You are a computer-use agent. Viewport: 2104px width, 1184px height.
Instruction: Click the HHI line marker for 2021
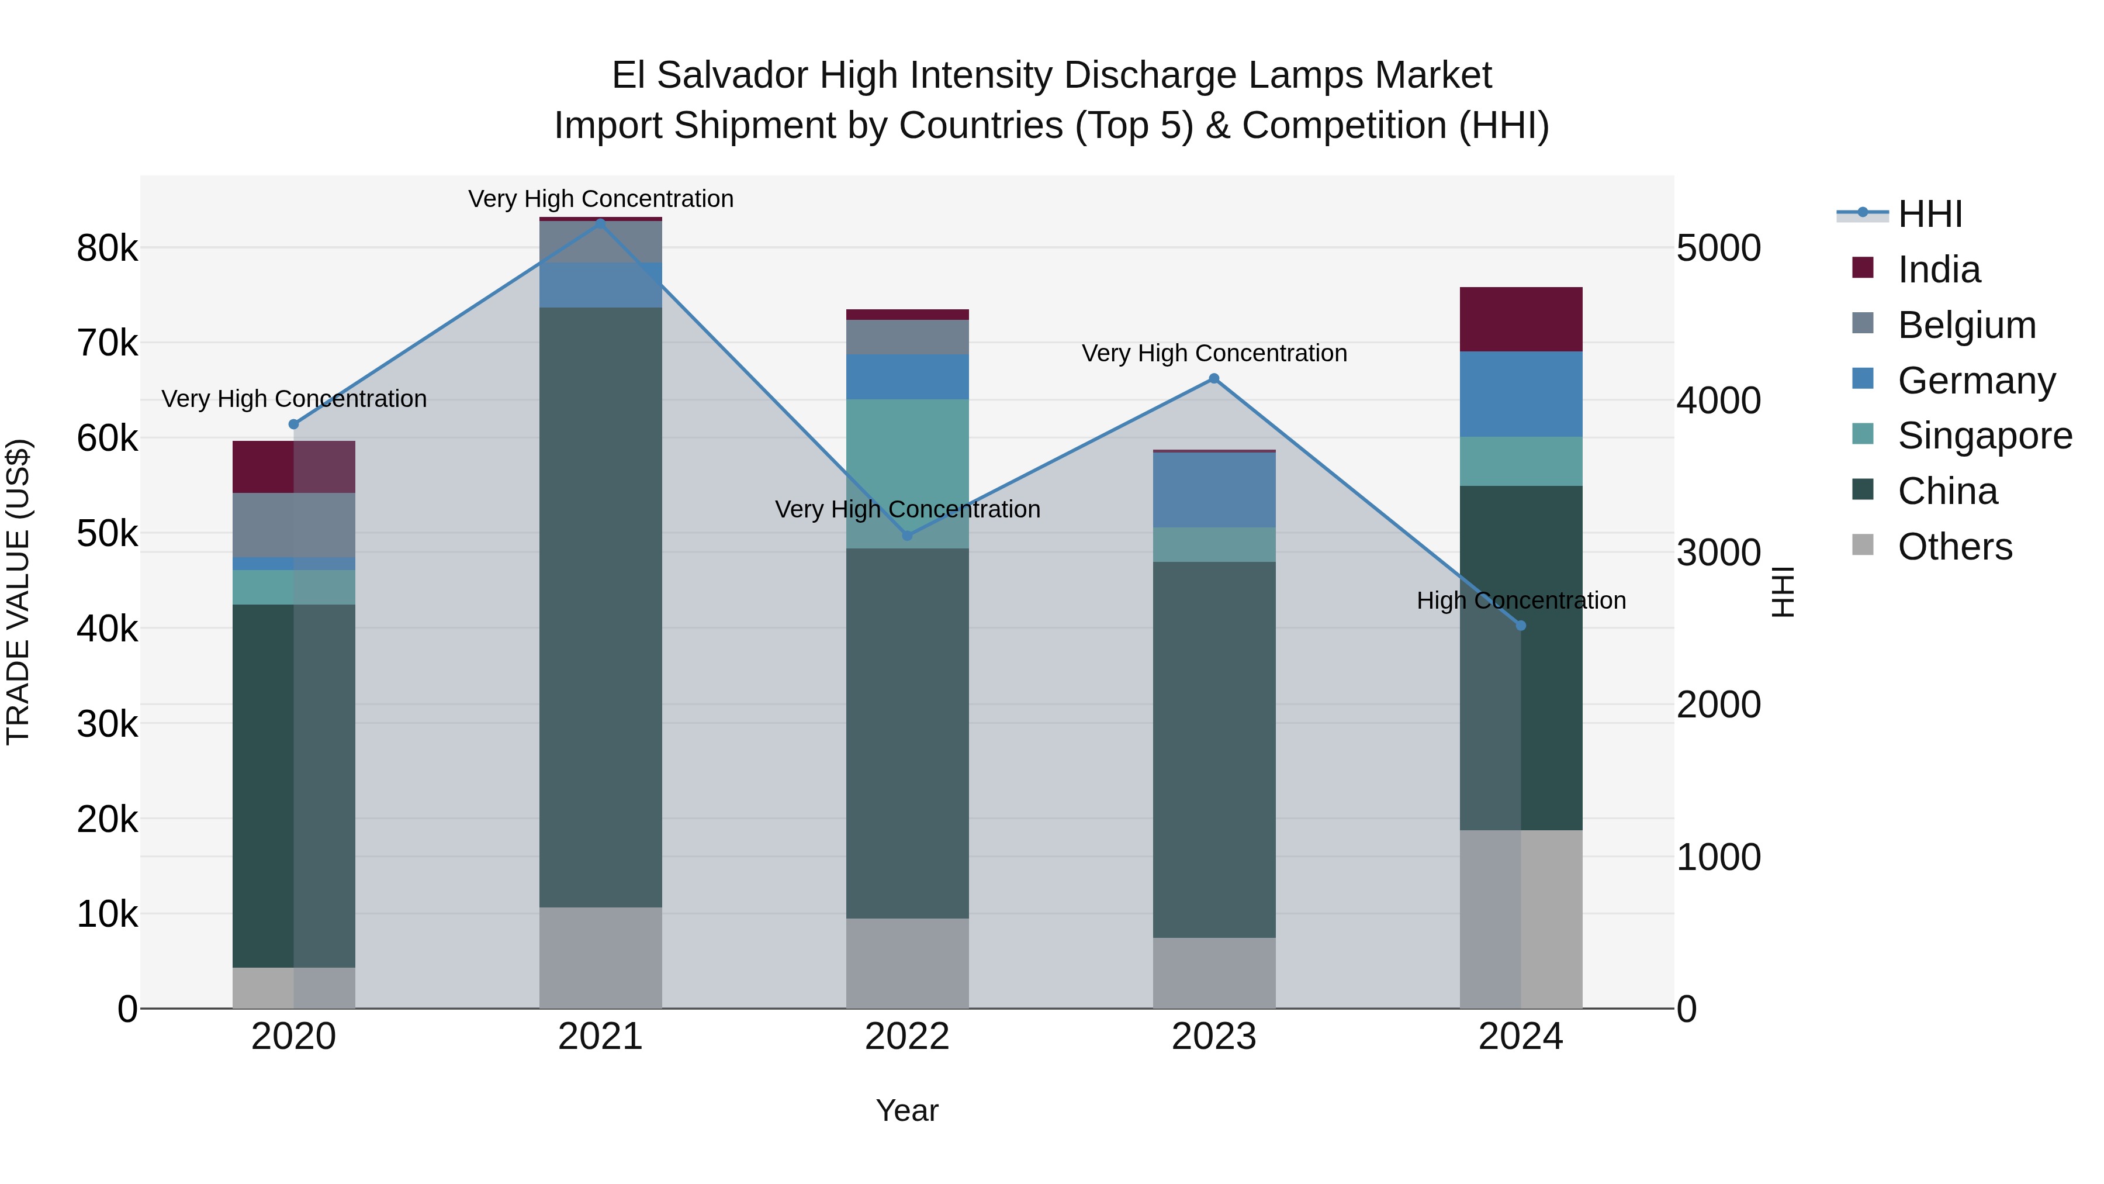(600, 222)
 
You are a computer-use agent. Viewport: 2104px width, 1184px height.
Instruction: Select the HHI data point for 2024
(1520, 626)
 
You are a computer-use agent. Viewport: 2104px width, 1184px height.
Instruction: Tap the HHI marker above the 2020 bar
(294, 424)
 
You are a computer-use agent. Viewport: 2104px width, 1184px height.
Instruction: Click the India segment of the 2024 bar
(1520, 319)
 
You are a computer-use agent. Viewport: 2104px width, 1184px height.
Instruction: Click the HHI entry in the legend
(1929, 214)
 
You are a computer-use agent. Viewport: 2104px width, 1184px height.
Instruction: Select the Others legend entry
(1954, 547)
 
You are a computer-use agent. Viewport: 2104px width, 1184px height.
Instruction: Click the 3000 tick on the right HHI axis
(1718, 553)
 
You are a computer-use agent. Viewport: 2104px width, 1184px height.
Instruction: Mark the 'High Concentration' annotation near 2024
(1520, 600)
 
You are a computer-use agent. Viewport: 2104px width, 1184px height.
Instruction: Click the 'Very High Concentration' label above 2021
(600, 199)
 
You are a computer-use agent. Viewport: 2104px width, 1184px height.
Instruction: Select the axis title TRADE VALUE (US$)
(18, 592)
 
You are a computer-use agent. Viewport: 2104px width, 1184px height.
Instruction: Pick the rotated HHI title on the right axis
(1783, 592)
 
